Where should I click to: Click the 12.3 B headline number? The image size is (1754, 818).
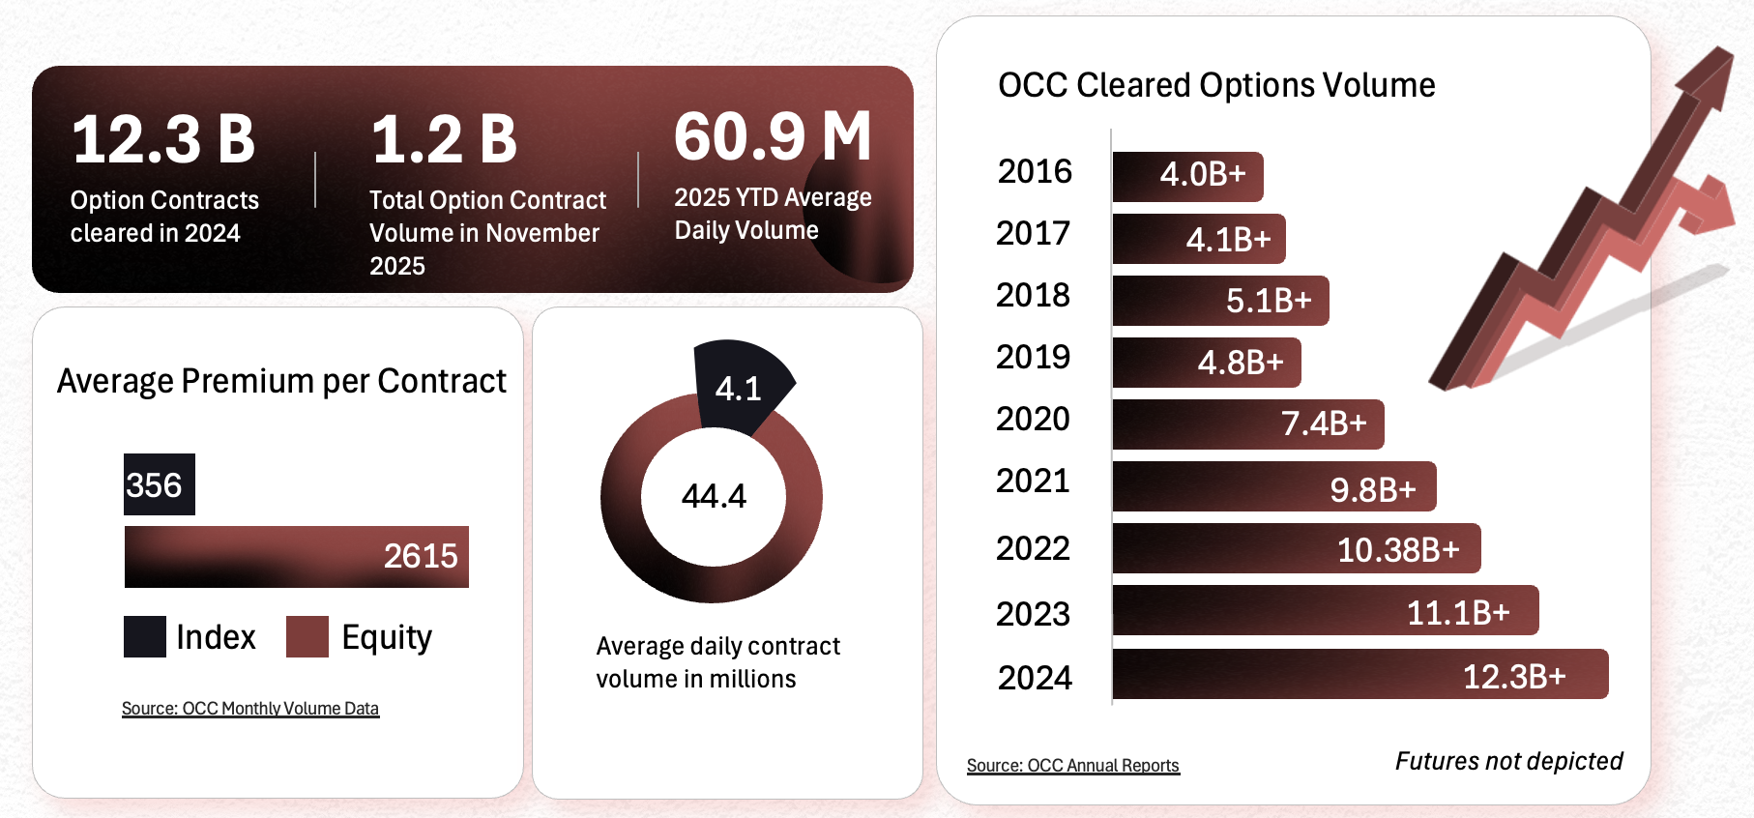click(x=163, y=140)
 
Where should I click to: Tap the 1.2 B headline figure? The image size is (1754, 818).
click(x=444, y=140)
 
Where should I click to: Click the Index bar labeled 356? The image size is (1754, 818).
click(x=160, y=484)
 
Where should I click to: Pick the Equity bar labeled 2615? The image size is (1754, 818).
click(x=296, y=557)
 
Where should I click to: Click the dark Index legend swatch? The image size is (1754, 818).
click(x=145, y=637)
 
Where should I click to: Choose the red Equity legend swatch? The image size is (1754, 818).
click(x=307, y=637)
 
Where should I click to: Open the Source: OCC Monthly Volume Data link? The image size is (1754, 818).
click(x=250, y=709)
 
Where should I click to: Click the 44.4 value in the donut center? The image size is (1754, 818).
click(x=714, y=496)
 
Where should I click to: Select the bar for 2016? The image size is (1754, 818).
click(x=1187, y=177)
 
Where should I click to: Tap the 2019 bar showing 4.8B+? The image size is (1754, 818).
click(x=1207, y=363)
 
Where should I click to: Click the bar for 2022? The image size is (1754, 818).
click(x=1297, y=548)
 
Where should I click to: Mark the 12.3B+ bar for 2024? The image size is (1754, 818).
click(x=1360, y=674)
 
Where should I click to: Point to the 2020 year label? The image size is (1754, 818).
click(x=1033, y=420)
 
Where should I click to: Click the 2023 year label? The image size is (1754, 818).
click(x=1033, y=614)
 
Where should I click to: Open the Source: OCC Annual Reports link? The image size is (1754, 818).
click(x=1073, y=766)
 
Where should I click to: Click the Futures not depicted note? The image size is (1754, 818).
click(x=1508, y=762)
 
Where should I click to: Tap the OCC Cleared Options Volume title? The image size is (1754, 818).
click(x=1216, y=86)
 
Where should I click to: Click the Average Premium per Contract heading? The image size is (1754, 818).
click(x=281, y=382)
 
